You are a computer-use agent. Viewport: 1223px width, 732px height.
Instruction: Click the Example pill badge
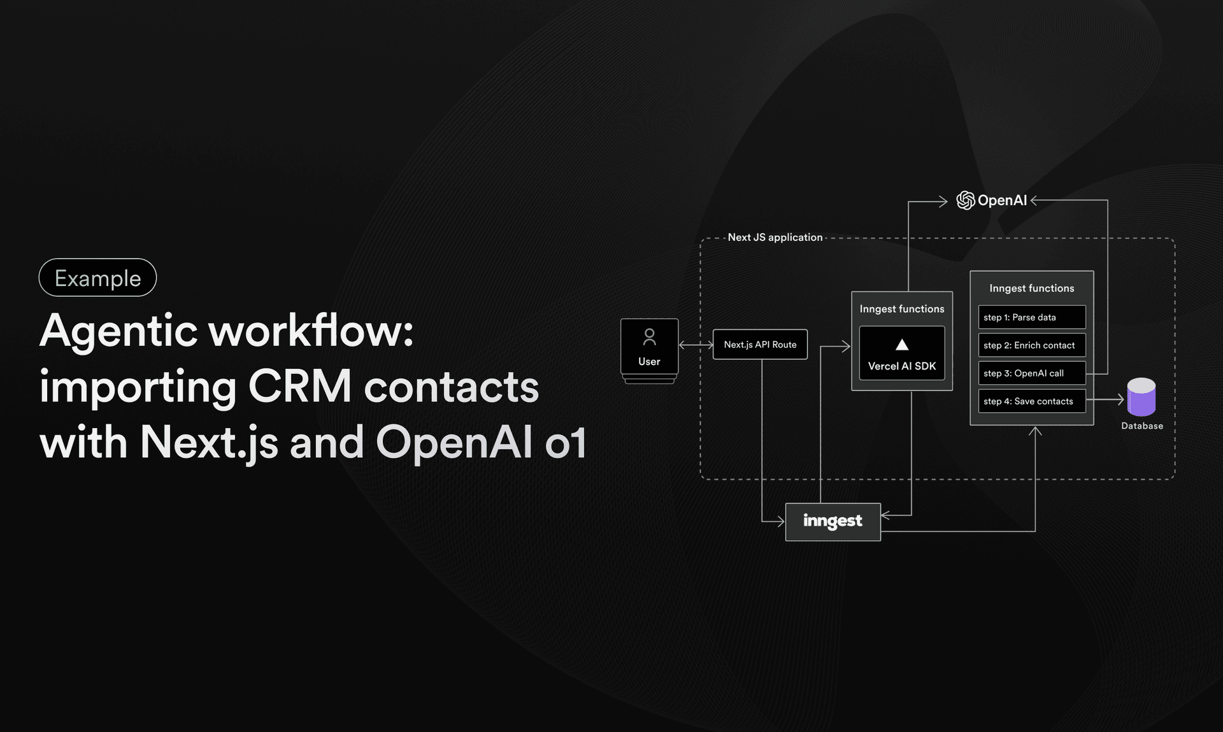[97, 278]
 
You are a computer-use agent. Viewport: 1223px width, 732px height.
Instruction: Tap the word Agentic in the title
[118, 331]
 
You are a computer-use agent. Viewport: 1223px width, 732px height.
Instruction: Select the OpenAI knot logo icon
[965, 201]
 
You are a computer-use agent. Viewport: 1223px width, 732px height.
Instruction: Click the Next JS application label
[775, 237]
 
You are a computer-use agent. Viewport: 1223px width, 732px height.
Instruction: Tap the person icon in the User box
[649, 336]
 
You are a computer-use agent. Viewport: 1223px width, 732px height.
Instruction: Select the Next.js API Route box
[760, 345]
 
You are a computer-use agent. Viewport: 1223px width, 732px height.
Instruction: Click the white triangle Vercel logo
[902, 345]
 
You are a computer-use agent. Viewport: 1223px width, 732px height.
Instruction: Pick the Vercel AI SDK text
[902, 366]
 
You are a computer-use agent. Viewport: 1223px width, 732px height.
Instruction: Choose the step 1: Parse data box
[1031, 317]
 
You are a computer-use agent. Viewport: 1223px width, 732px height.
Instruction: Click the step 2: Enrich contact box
[1031, 345]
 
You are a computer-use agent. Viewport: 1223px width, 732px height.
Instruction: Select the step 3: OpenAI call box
[1031, 373]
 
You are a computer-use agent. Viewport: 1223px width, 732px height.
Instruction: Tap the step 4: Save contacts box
[1031, 401]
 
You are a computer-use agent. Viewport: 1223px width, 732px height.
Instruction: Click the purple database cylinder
[1141, 397]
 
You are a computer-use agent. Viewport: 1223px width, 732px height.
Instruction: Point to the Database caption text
[1141, 426]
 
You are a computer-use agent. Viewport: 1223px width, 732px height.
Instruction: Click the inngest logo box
[833, 522]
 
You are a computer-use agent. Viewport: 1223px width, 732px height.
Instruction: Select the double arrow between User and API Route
[696, 345]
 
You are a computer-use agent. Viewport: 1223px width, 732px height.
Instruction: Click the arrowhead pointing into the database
[1120, 400]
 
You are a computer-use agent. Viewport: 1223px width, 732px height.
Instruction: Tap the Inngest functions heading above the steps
[1031, 289]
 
